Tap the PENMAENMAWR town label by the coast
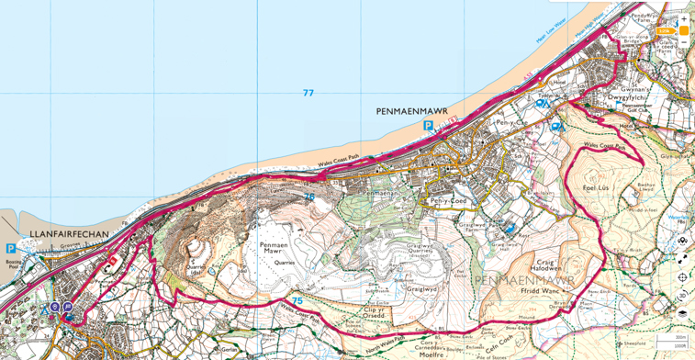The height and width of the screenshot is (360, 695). [x=411, y=111]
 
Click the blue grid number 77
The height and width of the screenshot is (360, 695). [x=308, y=93]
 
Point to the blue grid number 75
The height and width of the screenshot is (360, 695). [x=297, y=300]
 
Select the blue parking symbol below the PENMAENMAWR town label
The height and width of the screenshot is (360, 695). [x=428, y=126]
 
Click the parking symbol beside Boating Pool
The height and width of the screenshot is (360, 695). [x=11, y=248]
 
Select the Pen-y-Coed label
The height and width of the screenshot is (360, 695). [x=448, y=201]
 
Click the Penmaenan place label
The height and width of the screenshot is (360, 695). [x=380, y=193]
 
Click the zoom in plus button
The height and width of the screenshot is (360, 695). [x=683, y=18]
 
